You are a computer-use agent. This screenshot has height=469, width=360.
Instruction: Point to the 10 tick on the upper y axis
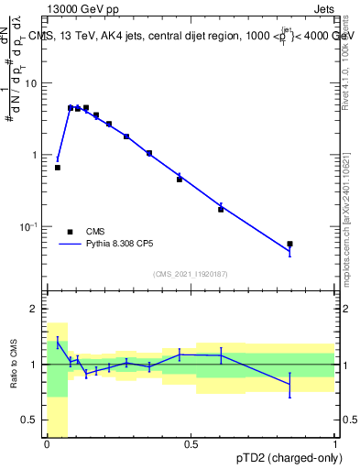coord(36,83)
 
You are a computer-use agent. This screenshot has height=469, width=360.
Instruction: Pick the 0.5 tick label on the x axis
coord(191,444)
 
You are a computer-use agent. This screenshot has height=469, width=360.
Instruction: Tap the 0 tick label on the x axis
coord(47,444)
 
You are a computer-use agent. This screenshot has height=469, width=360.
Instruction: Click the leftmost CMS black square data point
coord(58,168)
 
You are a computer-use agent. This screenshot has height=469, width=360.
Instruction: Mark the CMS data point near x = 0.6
coord(221,210)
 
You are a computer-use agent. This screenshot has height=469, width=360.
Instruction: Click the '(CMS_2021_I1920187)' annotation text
coord(190,274)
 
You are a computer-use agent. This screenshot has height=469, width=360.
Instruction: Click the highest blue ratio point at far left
coord(58,343)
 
